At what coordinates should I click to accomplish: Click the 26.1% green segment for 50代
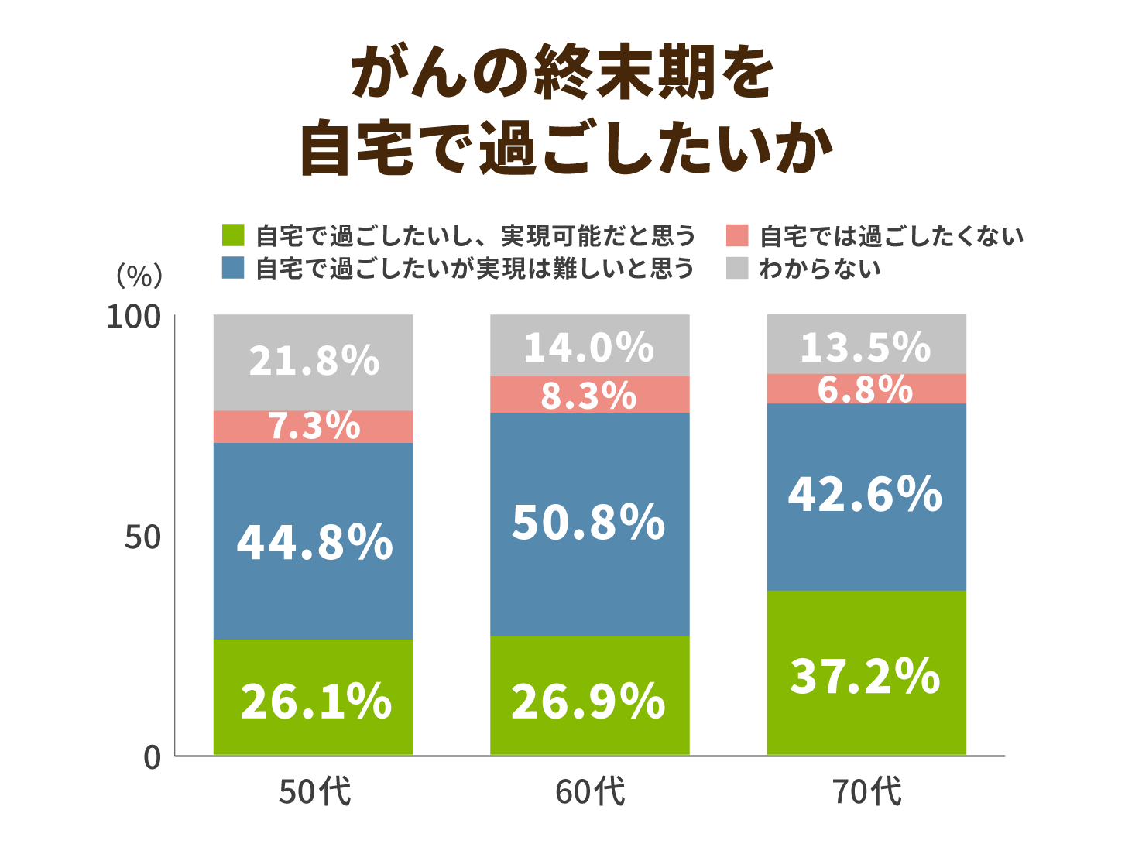click(313, 697)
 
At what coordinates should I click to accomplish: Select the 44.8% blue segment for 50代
click(313, 540)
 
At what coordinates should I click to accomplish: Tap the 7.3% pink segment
click(313, 427)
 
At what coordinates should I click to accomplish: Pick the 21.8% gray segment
click(313, 362)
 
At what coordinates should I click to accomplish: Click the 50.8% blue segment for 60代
click(589, 523)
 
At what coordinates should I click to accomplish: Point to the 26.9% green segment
click(589, 695)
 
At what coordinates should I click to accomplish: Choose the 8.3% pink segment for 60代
click(589, 395)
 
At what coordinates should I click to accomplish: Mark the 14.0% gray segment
click(589, 345)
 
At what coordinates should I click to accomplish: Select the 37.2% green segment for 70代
click(866, 672)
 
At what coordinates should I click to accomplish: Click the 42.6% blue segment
click(866, 496)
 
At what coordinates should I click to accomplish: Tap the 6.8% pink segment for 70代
click(866, 389)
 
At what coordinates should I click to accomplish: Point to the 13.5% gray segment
click(866, 345)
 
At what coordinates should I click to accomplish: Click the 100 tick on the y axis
click(132, 317)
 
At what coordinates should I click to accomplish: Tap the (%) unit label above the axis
click(139, 275)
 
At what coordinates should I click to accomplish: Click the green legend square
click(232, 235)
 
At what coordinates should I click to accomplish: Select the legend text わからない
click(819, 269)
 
